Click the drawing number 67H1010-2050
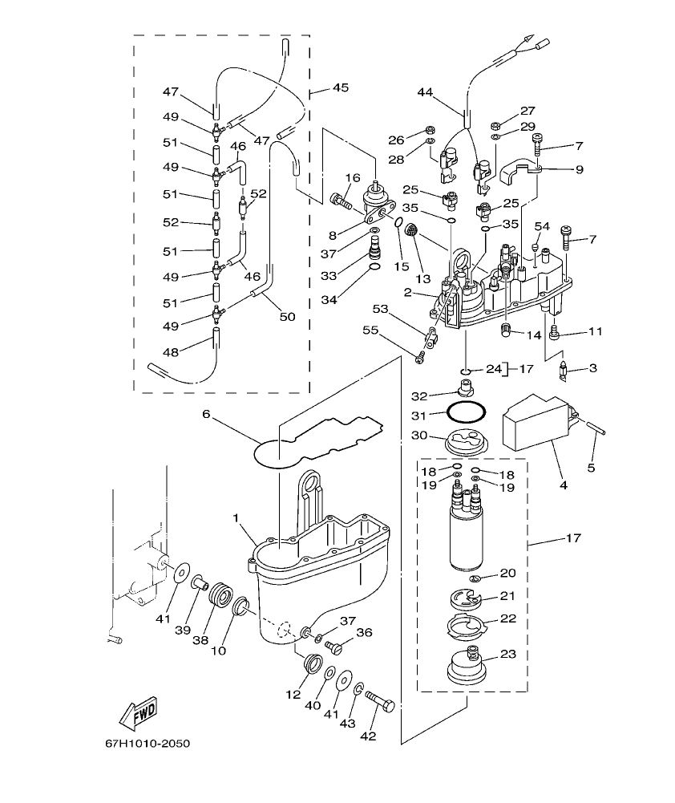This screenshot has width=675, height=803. [147, 744]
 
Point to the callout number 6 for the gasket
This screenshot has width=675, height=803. [205, 414]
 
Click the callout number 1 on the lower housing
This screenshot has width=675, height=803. [237, 519]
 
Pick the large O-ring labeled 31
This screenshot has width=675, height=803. [465, 412]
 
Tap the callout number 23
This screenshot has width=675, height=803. [507, 654]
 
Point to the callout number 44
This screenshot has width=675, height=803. [426, 92]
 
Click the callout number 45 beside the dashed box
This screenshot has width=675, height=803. [340, 87]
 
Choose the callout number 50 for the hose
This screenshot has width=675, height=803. [287, 317]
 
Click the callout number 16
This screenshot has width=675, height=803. [353, 177]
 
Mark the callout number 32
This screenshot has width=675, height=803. [420, 395]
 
